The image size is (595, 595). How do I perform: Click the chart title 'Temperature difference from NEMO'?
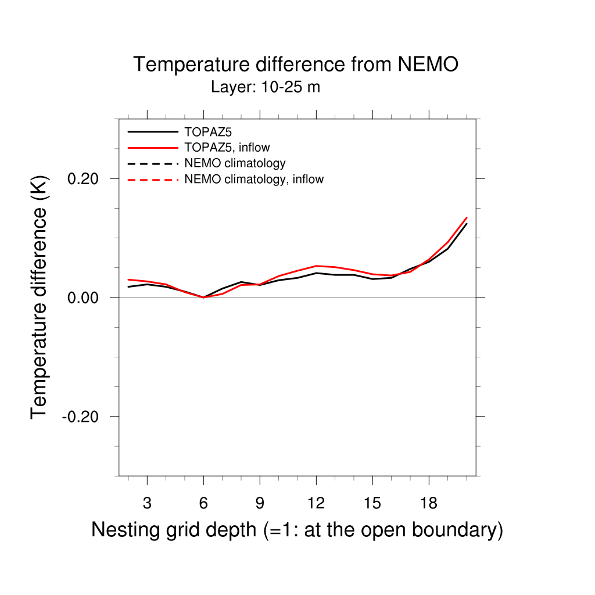pos(296,64)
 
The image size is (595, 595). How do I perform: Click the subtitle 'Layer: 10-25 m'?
pos(266,88)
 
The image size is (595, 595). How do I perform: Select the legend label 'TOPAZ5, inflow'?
pos(227,148)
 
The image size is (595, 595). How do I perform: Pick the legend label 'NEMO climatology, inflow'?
pos(253,180)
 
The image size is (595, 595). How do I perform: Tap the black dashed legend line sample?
pos(152,163)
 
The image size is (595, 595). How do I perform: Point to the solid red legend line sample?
pos(152,148)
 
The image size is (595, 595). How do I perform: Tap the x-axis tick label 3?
pos(147,504)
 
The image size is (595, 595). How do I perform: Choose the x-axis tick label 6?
pos(203,504)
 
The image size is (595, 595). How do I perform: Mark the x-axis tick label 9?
pos(260,504)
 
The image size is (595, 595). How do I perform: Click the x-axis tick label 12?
pos(316,504)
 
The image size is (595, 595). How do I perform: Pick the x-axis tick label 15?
pos(372,504)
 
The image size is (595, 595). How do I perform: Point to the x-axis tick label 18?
pos(428,504)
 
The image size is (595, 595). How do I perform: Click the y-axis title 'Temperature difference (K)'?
pos(39,297)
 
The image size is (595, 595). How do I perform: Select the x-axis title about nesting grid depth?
pos(297,530)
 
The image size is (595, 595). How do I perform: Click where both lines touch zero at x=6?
pos(203,297)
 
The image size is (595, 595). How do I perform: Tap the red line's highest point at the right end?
pos(467,218)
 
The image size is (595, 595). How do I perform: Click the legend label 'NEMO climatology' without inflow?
pos(235,163)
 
